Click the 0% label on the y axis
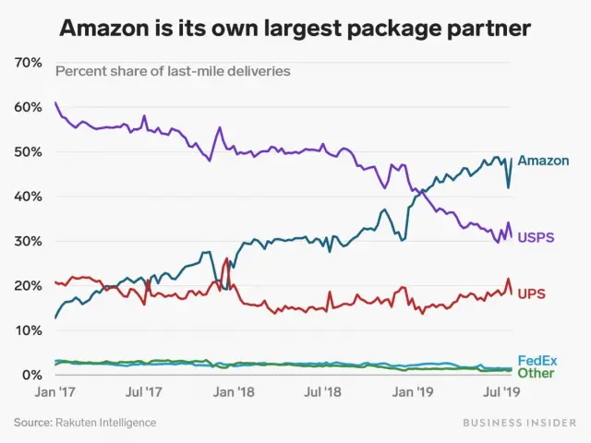coord(32,376)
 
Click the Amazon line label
coord(543,161)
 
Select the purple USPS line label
coord(536,237)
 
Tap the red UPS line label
coord(531,293)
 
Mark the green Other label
coord(536,373)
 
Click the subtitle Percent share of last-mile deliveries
coord(173,71)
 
